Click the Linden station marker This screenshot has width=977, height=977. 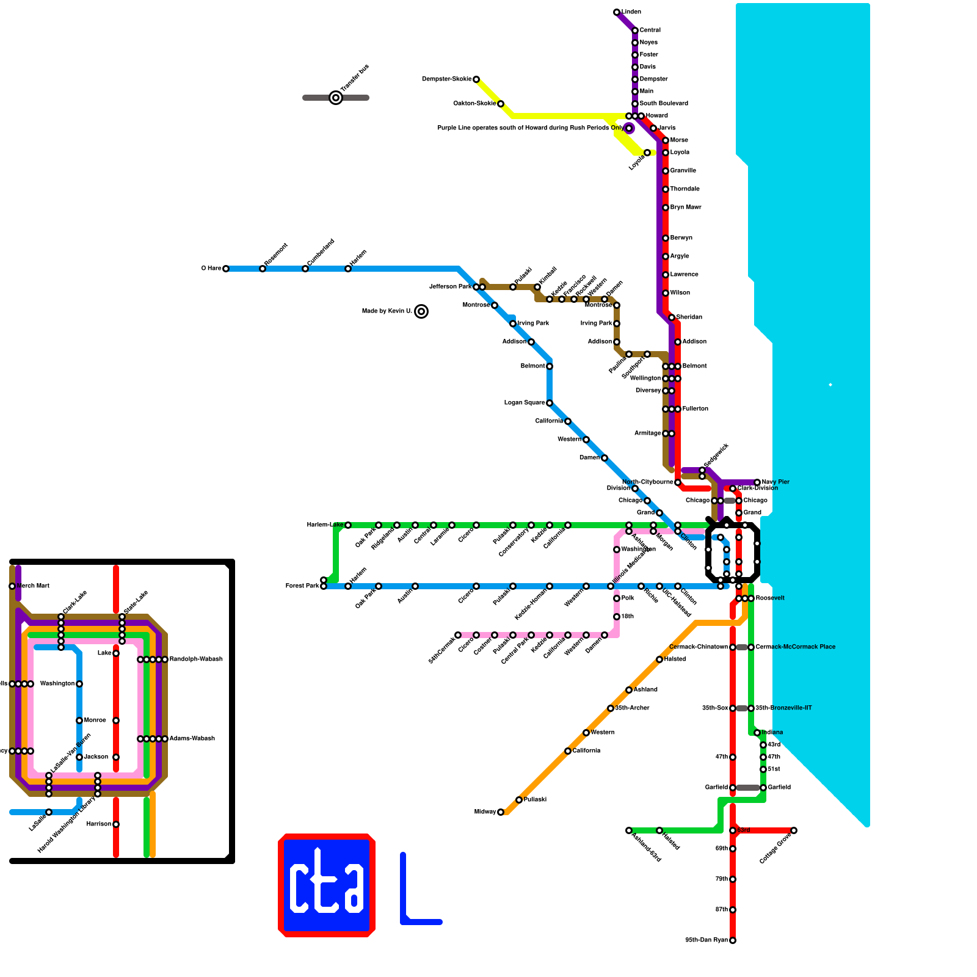pos(617,12)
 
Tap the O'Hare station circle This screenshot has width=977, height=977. pos(226,269)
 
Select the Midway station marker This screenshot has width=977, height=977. pos(501,812)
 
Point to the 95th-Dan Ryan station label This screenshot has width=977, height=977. pos(706,940)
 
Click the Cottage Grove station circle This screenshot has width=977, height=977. pos(794,830)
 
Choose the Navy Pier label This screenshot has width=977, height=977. pos(775,482)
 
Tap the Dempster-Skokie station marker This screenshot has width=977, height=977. pos(476,79)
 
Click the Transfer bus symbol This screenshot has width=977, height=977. pos(336,98)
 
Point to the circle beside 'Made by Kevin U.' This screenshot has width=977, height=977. pos(421,311)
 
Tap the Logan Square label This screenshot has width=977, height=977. pos(524,403)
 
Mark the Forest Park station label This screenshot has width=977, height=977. pos(302,586)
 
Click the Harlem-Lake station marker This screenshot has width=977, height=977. pos(348,525)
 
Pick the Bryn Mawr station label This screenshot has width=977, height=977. pos(686,208)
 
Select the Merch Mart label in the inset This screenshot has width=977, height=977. pos(34,586)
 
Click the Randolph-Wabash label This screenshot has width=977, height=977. pos(196,659)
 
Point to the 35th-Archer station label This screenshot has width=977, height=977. pos(632,708)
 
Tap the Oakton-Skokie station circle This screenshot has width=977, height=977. pos(501,104)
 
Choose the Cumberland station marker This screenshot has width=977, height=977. pos(305,269)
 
